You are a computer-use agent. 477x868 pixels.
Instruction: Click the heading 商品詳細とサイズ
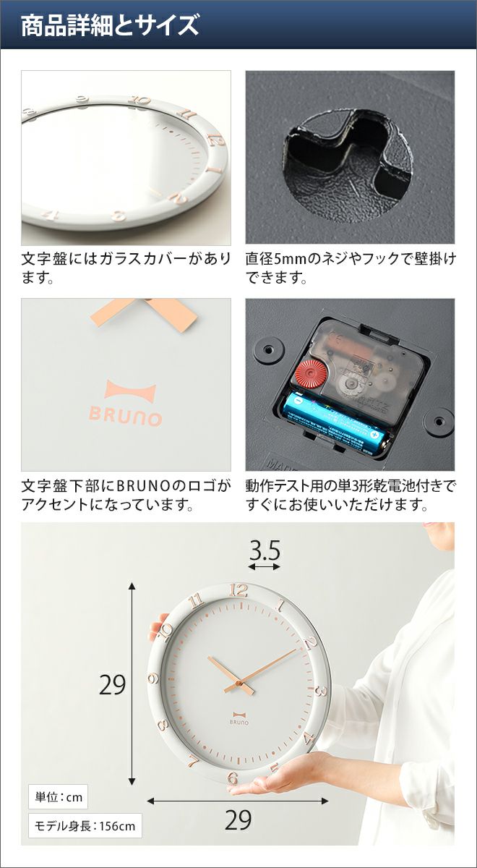click(110, 25)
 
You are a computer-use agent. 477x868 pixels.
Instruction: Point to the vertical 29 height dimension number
click(112, 685)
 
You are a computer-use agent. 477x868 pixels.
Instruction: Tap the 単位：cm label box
click(59, 797)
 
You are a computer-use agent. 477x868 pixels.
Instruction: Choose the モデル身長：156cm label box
click(85, 826)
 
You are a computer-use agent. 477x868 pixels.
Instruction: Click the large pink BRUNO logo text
click(125, 418)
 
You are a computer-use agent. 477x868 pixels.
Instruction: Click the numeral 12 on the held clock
click(238, 590)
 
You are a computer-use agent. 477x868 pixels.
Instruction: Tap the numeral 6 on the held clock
click(233, 778)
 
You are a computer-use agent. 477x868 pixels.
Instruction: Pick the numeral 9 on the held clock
click(154, 678)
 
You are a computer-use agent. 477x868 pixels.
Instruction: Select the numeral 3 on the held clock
click(322, 691)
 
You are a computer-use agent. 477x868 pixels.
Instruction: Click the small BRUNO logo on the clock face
click(239, 718)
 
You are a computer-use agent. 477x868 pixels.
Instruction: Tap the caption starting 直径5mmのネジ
click(350, 268)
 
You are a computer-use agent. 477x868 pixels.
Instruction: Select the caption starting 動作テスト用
click(350, 495)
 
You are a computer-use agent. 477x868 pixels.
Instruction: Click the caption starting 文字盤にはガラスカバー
click(126, 268)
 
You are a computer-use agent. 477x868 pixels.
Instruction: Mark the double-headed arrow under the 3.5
click(265, 567)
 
